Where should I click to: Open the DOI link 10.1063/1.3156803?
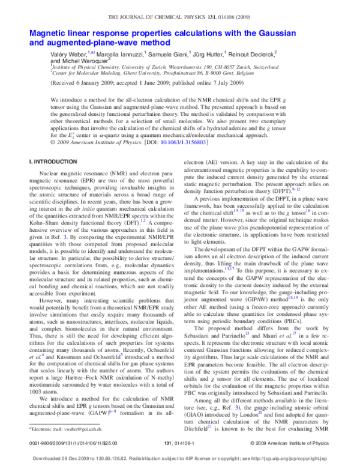point(181,142)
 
